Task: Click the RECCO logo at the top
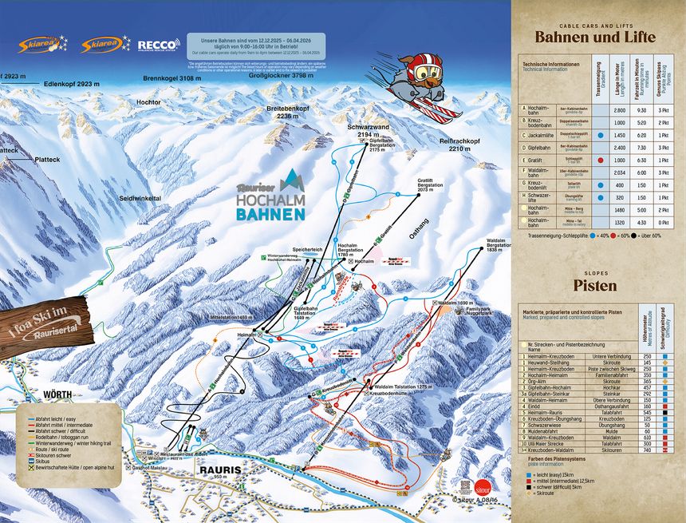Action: (156, 45)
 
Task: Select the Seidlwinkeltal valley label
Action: (140, 198)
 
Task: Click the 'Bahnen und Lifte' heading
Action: (595, 38)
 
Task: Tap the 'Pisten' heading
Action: (595, 285)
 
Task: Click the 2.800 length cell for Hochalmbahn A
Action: (619, 109)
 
